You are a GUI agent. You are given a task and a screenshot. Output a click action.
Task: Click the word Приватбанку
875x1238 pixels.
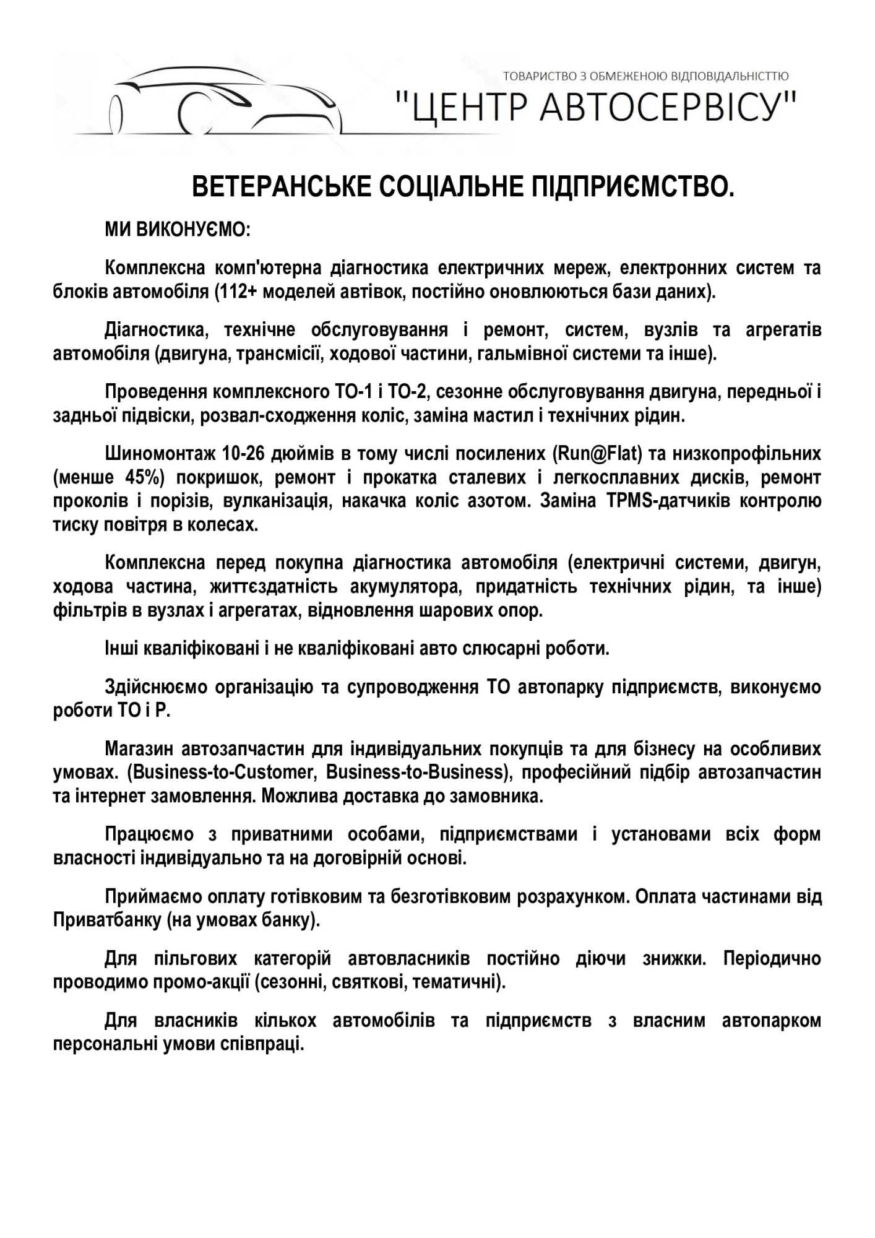[x=107, y=920]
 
